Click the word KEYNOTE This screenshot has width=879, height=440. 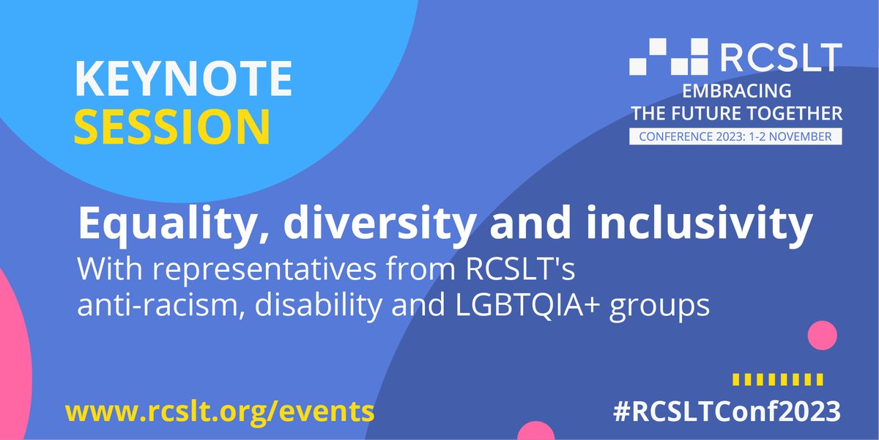(x=183, y=79)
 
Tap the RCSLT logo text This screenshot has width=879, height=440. (x=779, y=57)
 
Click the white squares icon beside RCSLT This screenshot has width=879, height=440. (x=669, y=56)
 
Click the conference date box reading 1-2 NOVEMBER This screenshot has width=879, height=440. (x=735, y=137)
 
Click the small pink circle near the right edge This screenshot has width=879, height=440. (x=822, y=336)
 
